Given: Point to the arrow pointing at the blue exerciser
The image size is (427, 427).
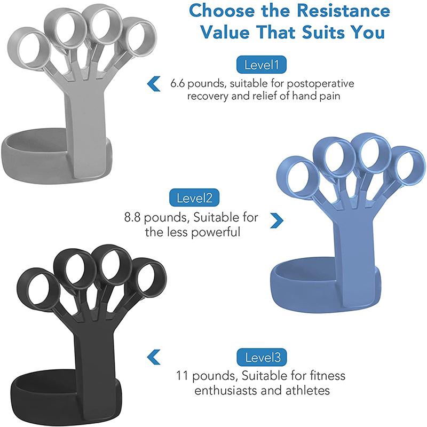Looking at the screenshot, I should click(x=276, y=218).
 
